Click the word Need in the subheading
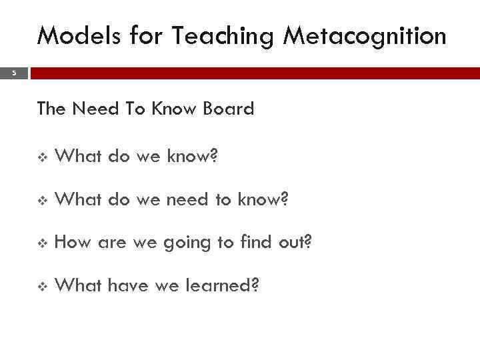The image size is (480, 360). click(99, 108)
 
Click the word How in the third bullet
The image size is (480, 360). click(73, 243)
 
